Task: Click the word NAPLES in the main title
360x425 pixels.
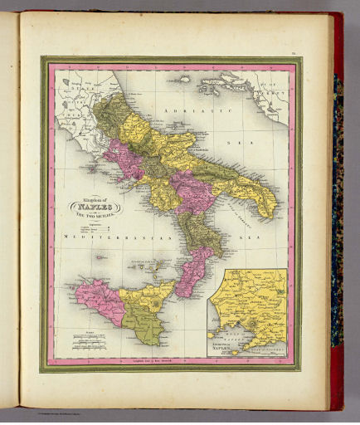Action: click(x=98, y=207)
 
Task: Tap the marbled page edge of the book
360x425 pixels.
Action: click(x=337, y=208)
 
